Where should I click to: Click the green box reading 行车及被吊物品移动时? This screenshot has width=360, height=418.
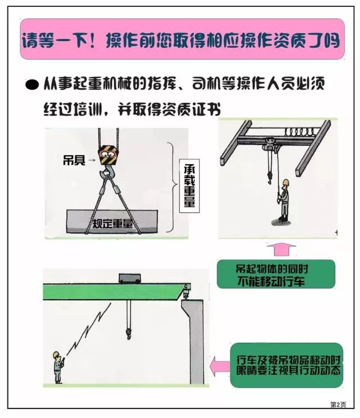[x=286, y=365]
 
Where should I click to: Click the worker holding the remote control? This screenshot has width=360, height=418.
[x=57, y=367]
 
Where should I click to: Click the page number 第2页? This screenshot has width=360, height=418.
[x=337, y=405]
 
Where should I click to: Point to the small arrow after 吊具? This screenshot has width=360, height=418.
[x=91, y=161]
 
